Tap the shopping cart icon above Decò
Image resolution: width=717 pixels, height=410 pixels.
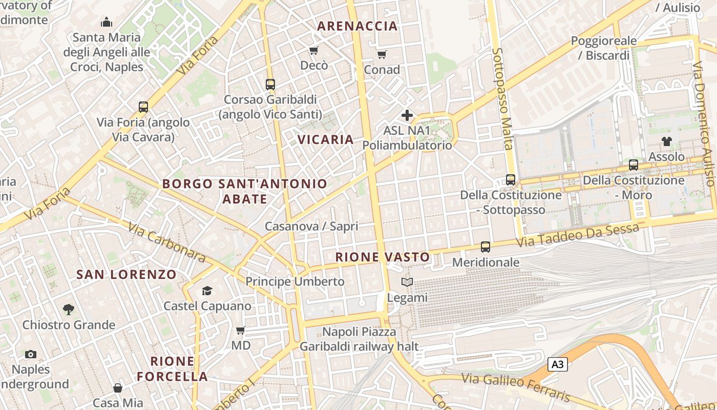313,50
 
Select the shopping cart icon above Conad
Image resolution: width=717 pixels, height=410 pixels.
382,54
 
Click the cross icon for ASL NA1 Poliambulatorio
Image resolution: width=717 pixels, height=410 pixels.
407,115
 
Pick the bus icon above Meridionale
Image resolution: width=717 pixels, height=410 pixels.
486,247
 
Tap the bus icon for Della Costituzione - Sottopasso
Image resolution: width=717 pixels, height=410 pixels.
511,180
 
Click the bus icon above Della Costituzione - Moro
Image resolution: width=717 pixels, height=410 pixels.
634,165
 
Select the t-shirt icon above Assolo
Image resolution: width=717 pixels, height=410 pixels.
666,141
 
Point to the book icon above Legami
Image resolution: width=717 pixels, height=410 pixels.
407,282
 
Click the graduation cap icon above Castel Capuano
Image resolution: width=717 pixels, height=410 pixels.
207,291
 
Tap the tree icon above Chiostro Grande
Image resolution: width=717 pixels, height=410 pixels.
68,310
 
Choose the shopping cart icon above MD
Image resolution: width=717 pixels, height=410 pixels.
241,331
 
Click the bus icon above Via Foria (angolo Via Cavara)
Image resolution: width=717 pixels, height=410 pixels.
143,107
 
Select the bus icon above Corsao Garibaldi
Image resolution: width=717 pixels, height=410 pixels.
270,85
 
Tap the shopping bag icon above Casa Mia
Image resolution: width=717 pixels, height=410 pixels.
118,388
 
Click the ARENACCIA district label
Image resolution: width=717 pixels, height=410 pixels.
357,26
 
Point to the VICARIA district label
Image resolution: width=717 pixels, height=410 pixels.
326,139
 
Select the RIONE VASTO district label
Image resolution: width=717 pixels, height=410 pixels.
383,257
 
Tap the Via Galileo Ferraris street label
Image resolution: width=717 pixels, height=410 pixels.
516,387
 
